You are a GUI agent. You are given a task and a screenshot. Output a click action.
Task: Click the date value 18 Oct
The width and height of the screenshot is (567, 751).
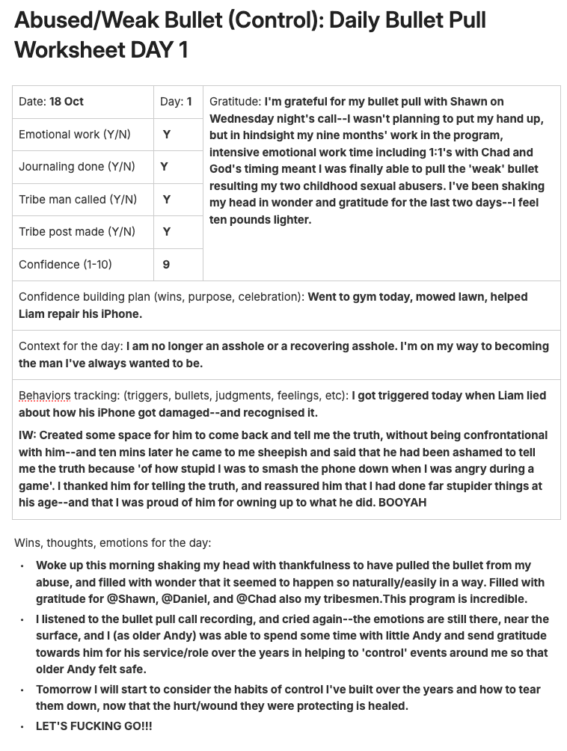(x=67, y=102)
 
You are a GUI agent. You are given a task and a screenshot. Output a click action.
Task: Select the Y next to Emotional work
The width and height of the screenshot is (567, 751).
(x=167, y=135)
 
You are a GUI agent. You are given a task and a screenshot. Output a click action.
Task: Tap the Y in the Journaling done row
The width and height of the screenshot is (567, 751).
(x=165, y=167)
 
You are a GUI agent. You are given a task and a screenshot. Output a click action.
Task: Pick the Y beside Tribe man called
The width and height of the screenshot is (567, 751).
(x=167, y=199)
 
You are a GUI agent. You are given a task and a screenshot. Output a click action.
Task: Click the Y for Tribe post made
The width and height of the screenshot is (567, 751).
(x=167, y=232)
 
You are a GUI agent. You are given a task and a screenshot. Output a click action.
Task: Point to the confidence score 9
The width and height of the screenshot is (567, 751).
(x=166, y=264)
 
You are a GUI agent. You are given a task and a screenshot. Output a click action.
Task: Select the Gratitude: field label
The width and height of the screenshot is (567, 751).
(x=235, y=102)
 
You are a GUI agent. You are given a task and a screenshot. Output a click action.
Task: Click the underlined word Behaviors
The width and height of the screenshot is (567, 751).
(x=45, y=395)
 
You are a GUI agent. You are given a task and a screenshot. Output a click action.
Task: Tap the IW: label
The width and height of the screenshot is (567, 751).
(x=28, y=435)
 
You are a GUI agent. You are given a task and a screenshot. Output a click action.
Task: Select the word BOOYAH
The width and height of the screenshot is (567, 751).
(x=402, y=503)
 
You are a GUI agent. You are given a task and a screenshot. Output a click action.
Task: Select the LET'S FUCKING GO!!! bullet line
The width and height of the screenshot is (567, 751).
(x=94, y=726)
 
